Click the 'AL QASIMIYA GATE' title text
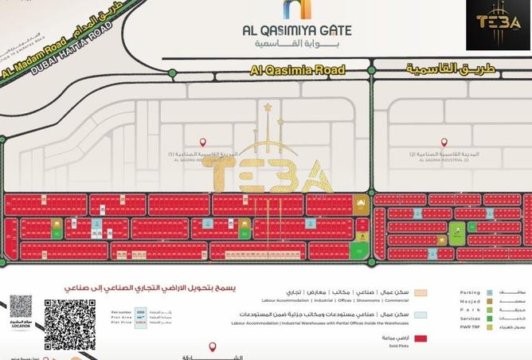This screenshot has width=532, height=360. [x=297, y=29]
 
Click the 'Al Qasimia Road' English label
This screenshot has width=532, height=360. [x=298, y=70]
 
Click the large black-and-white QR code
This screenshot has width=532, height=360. [x=69, y=324]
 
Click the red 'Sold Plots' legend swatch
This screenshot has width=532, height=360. [x=420, y=338]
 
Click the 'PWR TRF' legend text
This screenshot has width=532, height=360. [x=470, y=327]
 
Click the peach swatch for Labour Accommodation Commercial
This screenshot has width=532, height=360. [x=420, y=293]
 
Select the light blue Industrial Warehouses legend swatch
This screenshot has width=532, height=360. [x=420, y=315]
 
